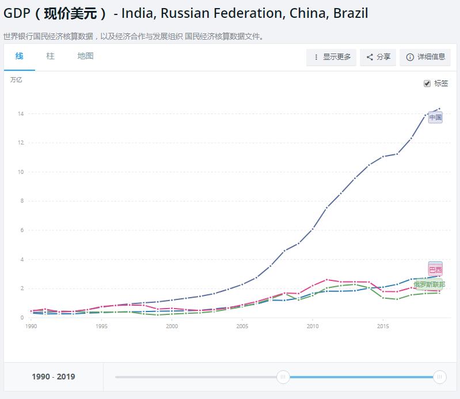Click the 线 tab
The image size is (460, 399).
pos(20,56)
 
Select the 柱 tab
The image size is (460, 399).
pos(51,56)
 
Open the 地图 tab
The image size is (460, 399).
pos(85,56)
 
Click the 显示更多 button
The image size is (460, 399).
pos(332,57)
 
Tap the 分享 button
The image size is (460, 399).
pos(378,57)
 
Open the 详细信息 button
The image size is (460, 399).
pos(425,57)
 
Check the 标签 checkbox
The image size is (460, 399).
pos(427,83)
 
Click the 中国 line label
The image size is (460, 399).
pos(435,117)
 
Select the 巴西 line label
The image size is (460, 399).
pos(435,269)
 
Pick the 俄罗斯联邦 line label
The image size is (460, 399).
pos(429,284)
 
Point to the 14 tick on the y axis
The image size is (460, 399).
pos(20,114)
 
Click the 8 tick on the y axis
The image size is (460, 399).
pos(21,202)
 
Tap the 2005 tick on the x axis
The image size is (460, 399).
pos(242,326)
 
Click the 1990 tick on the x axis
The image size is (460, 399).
pos(31,326)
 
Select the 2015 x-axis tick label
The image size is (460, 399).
pos(383,326)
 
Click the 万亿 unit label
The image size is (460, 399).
pos(16,80)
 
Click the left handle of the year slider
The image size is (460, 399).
pos(283,377)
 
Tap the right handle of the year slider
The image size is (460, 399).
pos(439,377)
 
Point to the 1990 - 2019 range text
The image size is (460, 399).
pos(54,377)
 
